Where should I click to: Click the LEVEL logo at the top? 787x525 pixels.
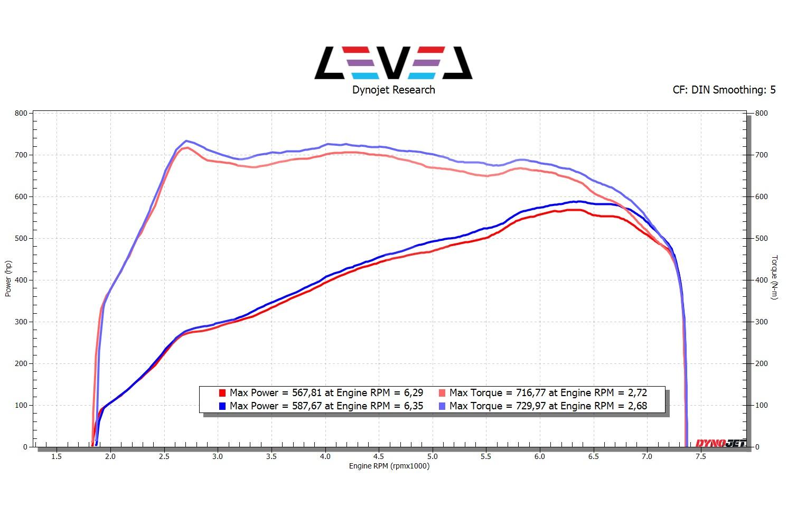[393, 63]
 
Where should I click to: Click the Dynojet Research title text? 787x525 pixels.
[394, 90]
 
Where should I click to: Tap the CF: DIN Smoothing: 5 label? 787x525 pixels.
[724, 90]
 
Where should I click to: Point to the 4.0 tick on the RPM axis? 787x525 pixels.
[325, 456]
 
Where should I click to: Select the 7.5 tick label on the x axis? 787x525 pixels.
[700, 456]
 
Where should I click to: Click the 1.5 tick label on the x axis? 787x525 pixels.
[56, 456]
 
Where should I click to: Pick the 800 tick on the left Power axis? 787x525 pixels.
[21, 113]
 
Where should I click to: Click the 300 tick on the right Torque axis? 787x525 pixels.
[761, 322]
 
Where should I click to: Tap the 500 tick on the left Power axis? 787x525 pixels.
[21, 238]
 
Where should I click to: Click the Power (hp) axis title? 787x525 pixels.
[8, 279]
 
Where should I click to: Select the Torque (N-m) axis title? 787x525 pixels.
[774, 277]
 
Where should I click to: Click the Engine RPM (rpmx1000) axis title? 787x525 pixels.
[389, 466]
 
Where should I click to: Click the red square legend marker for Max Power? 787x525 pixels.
[222, 393]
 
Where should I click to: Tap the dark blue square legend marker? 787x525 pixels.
[222, 406]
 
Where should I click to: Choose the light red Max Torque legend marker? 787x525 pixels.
[442, 393]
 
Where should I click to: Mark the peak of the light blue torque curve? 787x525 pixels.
[186, 141]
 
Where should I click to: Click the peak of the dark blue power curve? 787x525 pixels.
[579, 201]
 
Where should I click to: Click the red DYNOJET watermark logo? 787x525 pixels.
[720, 443]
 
